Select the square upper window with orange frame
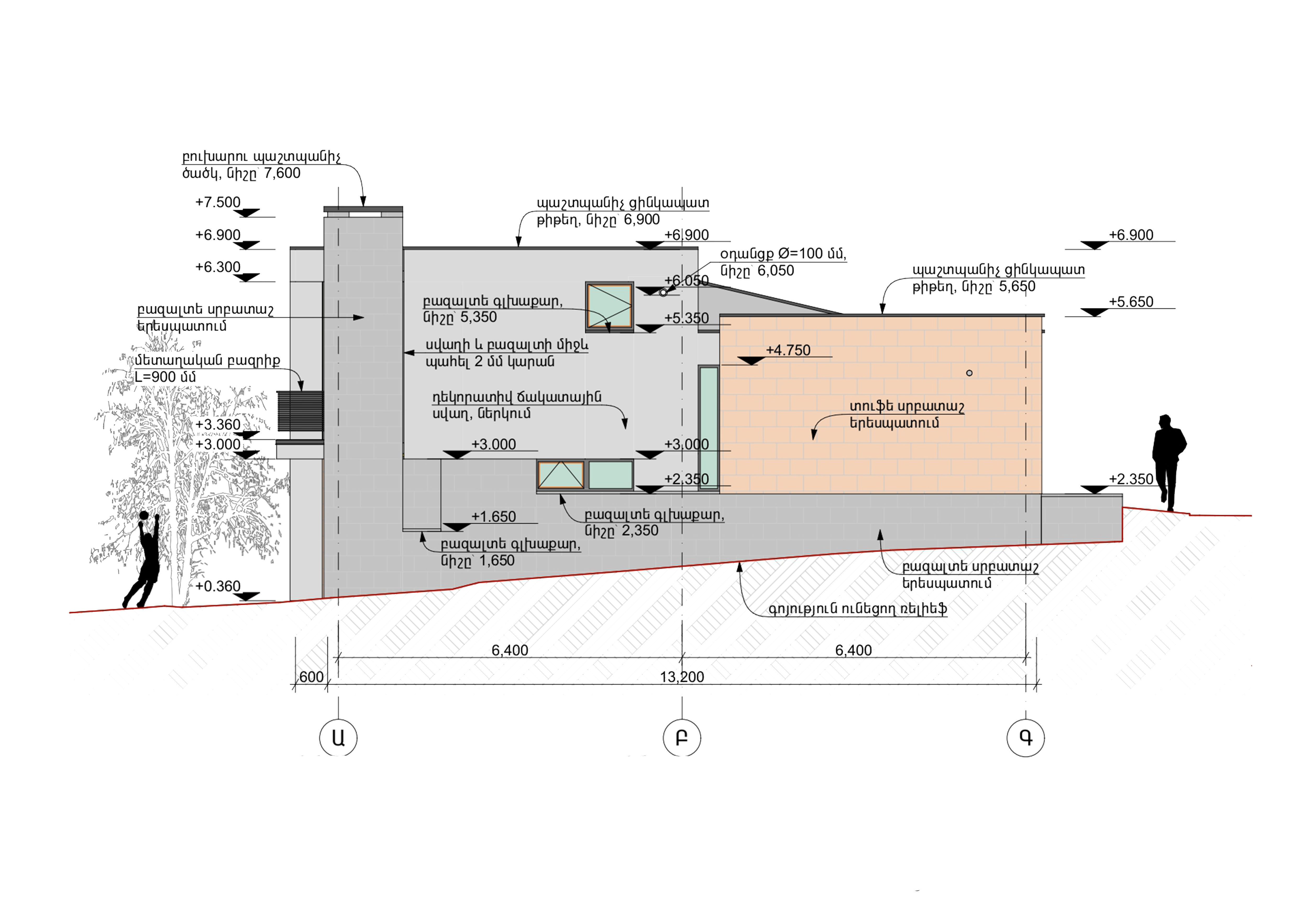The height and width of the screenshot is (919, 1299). (x=609, y=306)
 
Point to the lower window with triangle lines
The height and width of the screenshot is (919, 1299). (x=561, y=475)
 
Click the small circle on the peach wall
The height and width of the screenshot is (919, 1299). (x=969, y=373)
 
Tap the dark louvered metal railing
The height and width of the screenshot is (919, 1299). (x=300, y=411)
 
